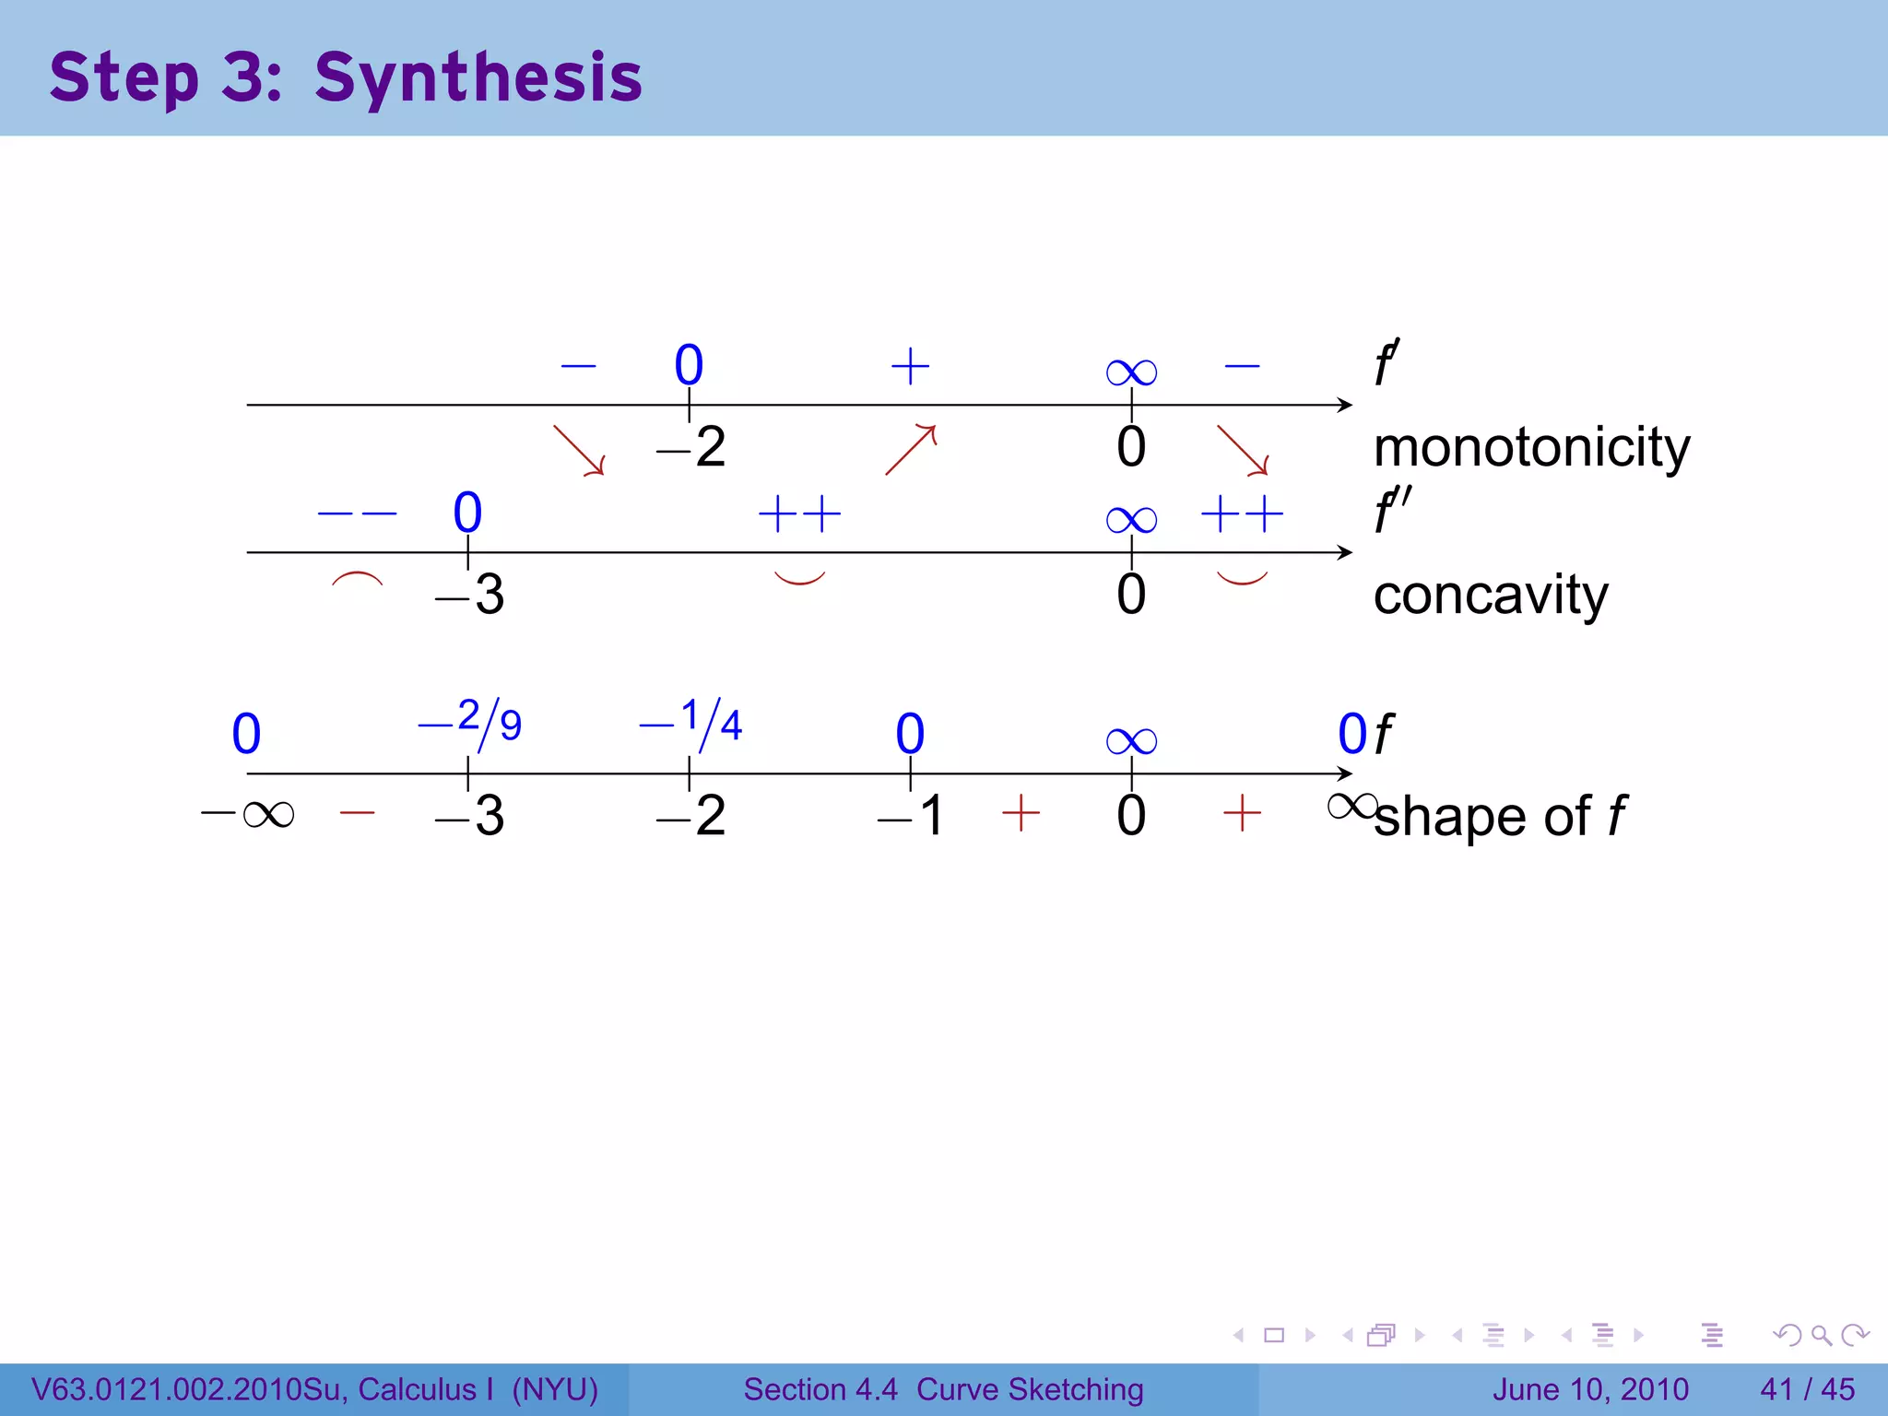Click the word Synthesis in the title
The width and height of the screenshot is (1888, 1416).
point(478,77)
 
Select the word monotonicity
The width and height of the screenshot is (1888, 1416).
point(1531,448)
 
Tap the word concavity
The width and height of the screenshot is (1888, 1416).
point(1490,595)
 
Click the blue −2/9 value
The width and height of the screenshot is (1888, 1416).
point(470,723)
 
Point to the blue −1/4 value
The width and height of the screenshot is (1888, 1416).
point(691,723)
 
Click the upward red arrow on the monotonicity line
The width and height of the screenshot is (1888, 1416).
point(911,449)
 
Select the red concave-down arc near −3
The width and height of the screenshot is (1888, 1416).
point(357,580)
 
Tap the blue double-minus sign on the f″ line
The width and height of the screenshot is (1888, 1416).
point(357,513)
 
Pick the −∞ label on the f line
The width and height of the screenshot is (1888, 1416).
point(248,814)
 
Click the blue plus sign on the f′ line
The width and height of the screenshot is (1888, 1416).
point(910,366)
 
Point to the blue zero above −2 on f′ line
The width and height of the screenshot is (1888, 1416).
point(689,365)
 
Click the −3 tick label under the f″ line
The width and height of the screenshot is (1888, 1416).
point(469,595)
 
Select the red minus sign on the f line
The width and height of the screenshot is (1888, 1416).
point(357,813)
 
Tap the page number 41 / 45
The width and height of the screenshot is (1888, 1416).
point(1807,1389)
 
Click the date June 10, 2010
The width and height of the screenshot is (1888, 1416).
point(1590,1389)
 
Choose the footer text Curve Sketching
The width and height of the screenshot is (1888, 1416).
point(1030,1389)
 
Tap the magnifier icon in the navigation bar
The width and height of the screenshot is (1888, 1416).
point(1821,1335)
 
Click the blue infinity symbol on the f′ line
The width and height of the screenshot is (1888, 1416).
point(1131,372)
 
